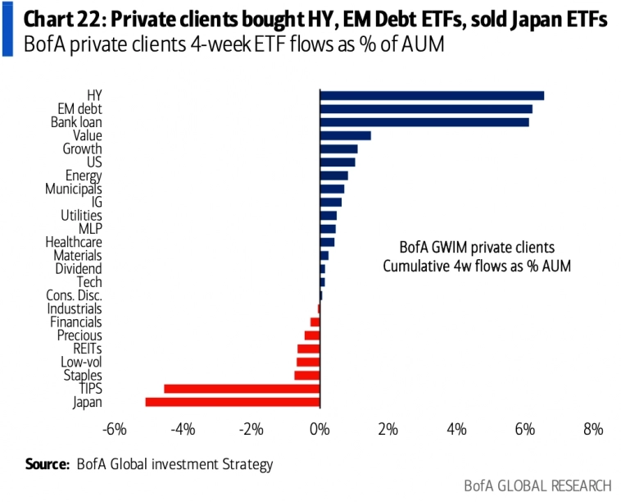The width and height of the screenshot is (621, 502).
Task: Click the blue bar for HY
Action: click(432, 96)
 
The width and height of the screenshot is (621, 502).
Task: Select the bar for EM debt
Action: click(426, 109)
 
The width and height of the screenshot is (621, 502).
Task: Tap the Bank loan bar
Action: click(424, 122)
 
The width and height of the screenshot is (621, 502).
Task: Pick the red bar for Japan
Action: click(233, 402)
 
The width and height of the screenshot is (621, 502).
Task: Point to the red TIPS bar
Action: click(242, 389)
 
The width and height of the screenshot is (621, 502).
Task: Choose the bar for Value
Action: click(345, 135)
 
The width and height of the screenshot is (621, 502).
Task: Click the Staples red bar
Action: click(306, 376)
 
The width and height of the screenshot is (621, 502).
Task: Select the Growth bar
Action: click(338, 149)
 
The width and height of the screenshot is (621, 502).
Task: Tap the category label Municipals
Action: click(74, 189)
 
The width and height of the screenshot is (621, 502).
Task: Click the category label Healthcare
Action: click(74, 242)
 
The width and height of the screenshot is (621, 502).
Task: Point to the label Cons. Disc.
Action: click(75, 295)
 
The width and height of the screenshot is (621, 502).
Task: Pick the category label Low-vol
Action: click(81, 362)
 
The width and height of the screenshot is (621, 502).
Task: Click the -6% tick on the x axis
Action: click(113, 430)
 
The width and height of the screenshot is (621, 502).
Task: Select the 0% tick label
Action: click(319, 430)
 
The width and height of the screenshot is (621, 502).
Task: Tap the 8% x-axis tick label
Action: click(593, 430)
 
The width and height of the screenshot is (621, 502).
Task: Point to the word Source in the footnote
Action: click(46, 464)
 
